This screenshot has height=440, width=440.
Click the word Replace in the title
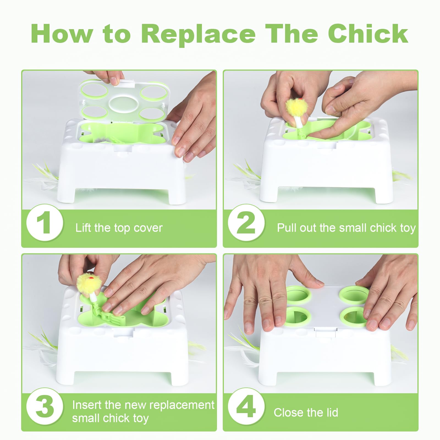(199, 34)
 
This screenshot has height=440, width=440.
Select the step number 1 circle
(45, 222)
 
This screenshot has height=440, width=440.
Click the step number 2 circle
(246, 222)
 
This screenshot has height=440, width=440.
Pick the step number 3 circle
(45, 406)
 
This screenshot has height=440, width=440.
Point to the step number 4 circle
(246, 406)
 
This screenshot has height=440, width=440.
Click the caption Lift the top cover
(119, 228)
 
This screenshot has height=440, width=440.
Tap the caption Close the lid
(306, 413)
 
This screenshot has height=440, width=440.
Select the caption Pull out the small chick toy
(346, 228)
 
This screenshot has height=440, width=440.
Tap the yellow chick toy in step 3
(88, 284)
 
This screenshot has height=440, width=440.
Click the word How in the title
(61, 34)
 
